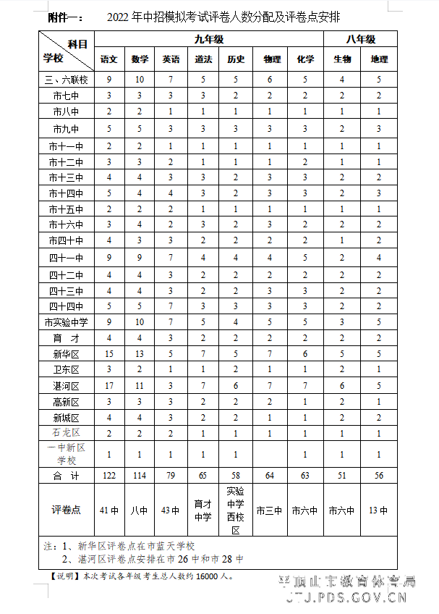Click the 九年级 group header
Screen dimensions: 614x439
[x=209, y=40]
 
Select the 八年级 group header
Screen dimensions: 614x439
[x=360, y=40]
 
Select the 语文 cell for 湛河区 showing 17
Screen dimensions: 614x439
[x=109, y=386]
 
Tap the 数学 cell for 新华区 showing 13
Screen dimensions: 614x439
[x=140, y=354]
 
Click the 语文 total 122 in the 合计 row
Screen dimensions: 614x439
[x=109, y=476]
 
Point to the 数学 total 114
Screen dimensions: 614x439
[x=140, y=476]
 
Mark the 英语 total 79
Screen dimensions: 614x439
[x=171, y=476]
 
